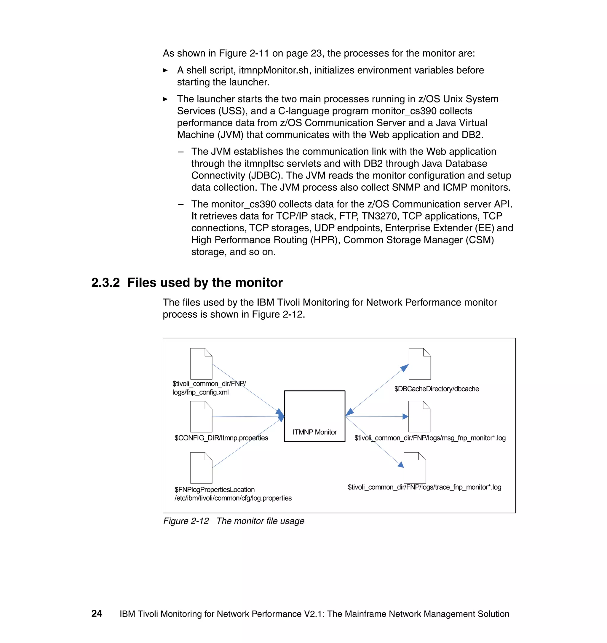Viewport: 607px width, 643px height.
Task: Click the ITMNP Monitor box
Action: [314, 416]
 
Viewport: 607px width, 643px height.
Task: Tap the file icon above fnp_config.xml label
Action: [201, 364]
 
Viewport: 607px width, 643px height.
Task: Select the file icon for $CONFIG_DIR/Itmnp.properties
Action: [201, 416]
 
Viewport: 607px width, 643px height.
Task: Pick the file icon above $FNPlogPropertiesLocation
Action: [201, 467]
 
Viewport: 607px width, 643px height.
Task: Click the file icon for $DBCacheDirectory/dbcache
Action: [420, 364]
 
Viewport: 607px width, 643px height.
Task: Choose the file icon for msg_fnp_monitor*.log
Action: [419, 416]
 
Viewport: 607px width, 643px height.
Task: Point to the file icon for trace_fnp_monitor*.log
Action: [415, 467]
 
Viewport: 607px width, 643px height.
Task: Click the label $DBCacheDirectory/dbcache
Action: [436, 389]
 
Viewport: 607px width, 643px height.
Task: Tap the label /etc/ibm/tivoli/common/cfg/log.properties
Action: [233, 498]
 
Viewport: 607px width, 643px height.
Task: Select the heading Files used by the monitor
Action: [205, 283]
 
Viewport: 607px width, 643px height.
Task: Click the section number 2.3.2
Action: [106, 283]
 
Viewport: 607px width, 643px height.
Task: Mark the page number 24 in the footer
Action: [97, 614]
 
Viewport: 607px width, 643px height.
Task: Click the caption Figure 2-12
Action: [186, 521]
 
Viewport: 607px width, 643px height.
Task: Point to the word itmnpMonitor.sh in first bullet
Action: [274, 70]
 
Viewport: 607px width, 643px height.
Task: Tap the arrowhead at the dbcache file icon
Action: [405, 368]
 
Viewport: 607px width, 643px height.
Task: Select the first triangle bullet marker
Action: [165, 70]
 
